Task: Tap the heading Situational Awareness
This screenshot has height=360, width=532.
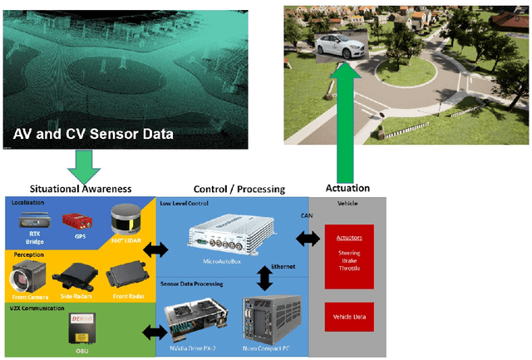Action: pos(79,188)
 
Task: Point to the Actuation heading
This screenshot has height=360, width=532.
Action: pos(347,188)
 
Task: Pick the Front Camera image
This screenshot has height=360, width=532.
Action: pos(25,276)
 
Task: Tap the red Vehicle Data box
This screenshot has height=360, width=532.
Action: pos(348,318)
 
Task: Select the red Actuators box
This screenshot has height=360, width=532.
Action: pos(348,255)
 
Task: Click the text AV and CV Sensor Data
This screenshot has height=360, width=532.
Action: pos(92,133)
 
